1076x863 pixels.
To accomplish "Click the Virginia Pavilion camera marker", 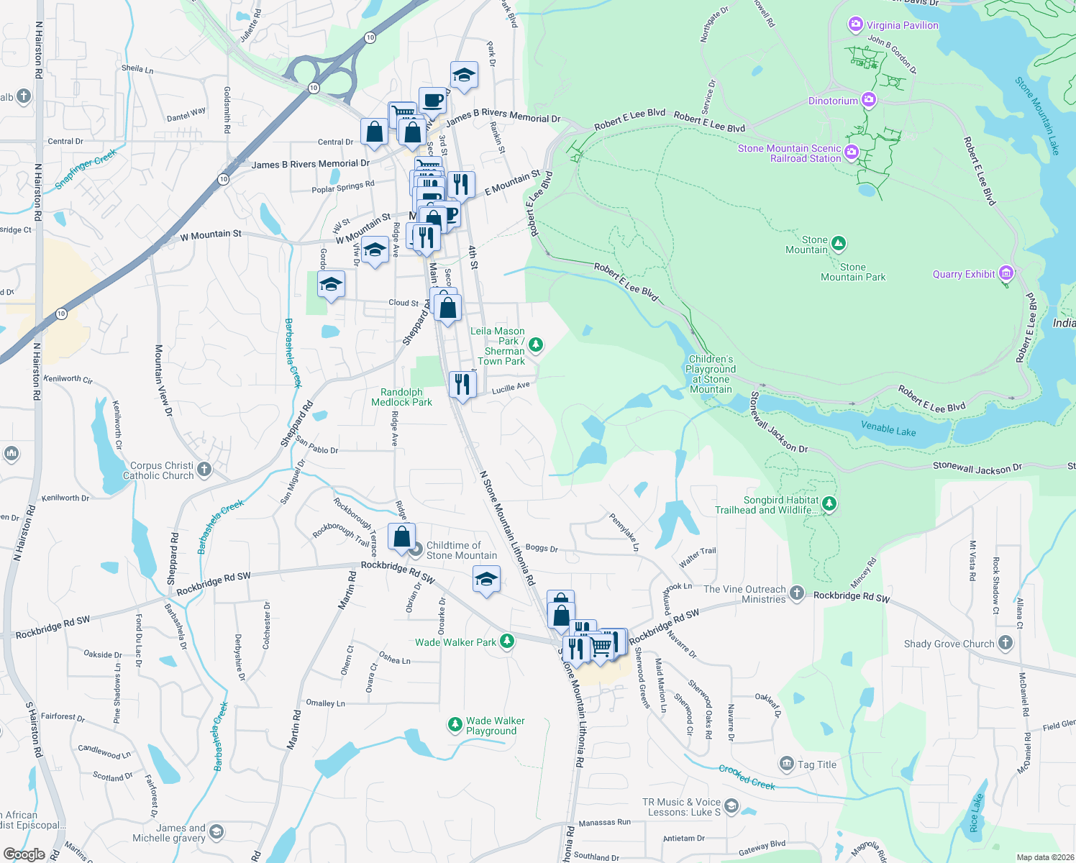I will tap(855, 25).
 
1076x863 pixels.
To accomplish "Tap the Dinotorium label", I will tap(833, 101).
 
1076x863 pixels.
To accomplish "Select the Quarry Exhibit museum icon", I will tap(1006, 274).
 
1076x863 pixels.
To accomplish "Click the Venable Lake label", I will tap(888, 429).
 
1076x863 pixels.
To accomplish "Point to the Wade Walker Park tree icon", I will tap(507, 641).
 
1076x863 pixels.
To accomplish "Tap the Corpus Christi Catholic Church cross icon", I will tap(204, 470).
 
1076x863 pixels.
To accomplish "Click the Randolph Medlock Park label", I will tap(401, 397).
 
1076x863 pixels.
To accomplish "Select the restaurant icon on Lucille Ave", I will tap(462, 385).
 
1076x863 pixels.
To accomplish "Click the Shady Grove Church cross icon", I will tap(1006, 644).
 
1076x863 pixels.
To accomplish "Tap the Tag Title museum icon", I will tap(786, 764).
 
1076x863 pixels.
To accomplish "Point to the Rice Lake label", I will tap(975, 813).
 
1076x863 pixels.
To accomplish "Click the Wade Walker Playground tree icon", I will tap(455, 725).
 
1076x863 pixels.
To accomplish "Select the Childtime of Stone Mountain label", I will tap(461, 550).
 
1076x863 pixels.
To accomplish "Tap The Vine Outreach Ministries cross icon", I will tap(796, 593).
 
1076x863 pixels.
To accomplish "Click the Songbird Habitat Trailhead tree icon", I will tap(829, 504).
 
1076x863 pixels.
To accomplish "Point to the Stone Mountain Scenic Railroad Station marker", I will tap(851, 152).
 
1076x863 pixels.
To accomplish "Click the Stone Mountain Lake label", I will tap(1037, 115).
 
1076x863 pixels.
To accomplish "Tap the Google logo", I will tap(24, 854).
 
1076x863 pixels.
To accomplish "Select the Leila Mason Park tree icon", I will tap(535, 345).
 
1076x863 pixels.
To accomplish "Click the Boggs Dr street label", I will tap(542, 548).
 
